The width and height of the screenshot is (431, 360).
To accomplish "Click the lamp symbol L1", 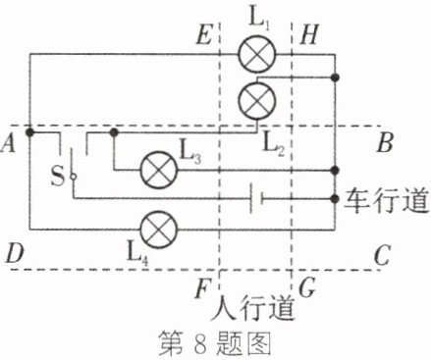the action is [257, 54].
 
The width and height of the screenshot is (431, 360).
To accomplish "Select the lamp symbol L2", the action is [257, 101].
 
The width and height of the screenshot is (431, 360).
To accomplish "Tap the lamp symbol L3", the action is [159, 170].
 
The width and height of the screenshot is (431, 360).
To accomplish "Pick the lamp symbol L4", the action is [159, 230].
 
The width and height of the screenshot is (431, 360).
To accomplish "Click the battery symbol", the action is [257, 198].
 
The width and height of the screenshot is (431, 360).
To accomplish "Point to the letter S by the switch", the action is [58, 176].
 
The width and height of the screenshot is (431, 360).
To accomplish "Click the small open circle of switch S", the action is [74, 177].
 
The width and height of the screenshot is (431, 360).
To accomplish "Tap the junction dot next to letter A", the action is [29, 132].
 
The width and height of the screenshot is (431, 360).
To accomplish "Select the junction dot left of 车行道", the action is [335, 198].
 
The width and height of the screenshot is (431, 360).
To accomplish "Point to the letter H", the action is [309, 34].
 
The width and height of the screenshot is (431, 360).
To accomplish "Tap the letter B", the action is [385, 142].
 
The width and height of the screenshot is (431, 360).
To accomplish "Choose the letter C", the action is [382, 255].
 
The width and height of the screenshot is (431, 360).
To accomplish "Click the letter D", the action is [15, 254].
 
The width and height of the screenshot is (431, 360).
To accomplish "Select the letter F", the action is [202, 288].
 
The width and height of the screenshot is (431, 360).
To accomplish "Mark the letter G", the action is [307, 287].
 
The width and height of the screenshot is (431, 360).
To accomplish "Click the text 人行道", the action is [252, 308].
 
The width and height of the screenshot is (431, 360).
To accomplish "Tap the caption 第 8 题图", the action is [215, 343].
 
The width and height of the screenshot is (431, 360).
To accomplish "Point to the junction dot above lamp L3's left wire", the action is [114, 132].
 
